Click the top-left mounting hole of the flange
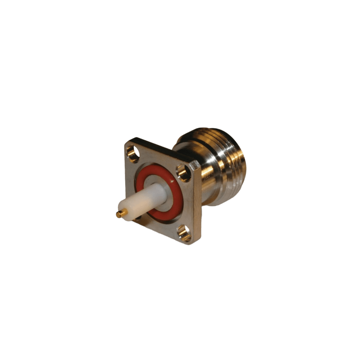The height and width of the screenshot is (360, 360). [133, 153]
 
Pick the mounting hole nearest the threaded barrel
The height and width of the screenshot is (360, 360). [184, 173]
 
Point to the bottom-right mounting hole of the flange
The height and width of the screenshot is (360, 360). [184, 233]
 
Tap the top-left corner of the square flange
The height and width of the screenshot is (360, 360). [127, 141]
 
